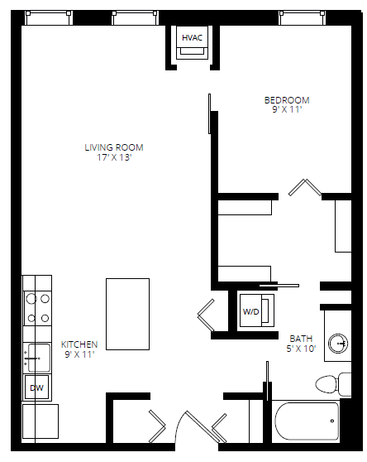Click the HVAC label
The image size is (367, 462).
[x=193, y=37]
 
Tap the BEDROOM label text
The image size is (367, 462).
[x=287, y=100]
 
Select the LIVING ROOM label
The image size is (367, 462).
[x=114, y=147]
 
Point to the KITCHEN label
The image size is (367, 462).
[x=79, y=344]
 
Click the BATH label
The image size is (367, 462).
[x=301, y=338]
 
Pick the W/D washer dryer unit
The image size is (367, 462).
[x=251, y=311]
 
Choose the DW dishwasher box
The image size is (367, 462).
[x=36, y=387]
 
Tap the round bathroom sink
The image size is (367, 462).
[x=339, y=343]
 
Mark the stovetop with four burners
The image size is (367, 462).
[x=36, y=307]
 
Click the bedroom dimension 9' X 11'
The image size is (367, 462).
[x=287, y=109]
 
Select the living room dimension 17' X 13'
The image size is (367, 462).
[x=114, y=157]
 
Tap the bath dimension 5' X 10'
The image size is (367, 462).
[x=301, y=348]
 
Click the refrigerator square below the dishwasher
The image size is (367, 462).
[x=40, y=420]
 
